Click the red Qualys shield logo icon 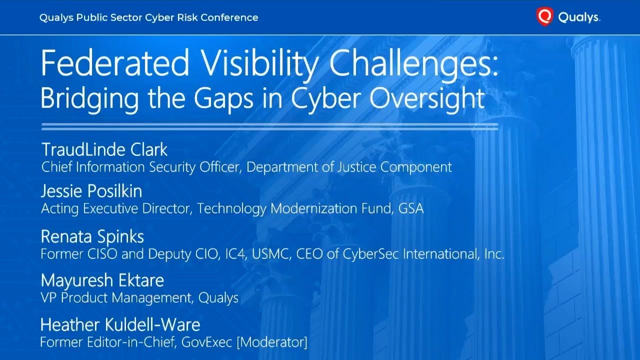pos(544,17)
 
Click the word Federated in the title pos(115,64)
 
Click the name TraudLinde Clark pos(104,149)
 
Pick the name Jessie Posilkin pos(91,191)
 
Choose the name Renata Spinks pos(92,236)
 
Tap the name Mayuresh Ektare pos(102,280)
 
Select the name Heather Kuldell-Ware pos(120,325)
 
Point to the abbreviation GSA pos(411,208)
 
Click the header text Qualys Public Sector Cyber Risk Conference pos(149,17)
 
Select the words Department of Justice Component pos(349,167)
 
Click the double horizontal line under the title pos(269,126)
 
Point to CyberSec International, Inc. pos(423,254)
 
